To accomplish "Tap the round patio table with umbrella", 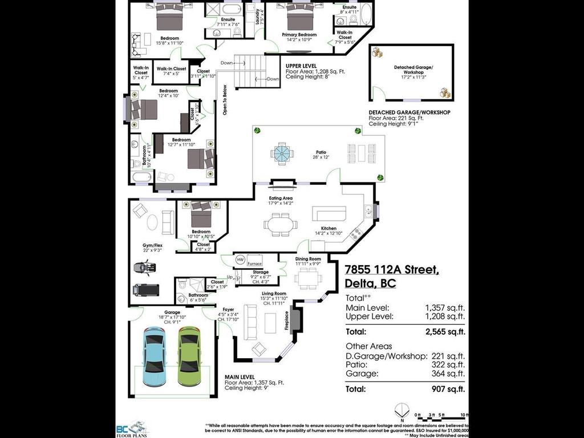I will (282, 152).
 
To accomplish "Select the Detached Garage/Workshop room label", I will (413, 70).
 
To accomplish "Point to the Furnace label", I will (254, 264).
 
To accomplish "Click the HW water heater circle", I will (240, 259).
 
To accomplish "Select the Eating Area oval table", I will (280, 224).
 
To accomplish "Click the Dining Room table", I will (308, 278).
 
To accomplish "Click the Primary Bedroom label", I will (299, 35).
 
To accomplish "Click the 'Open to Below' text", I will (225, 100).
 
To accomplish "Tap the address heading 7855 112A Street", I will (392, 270).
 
